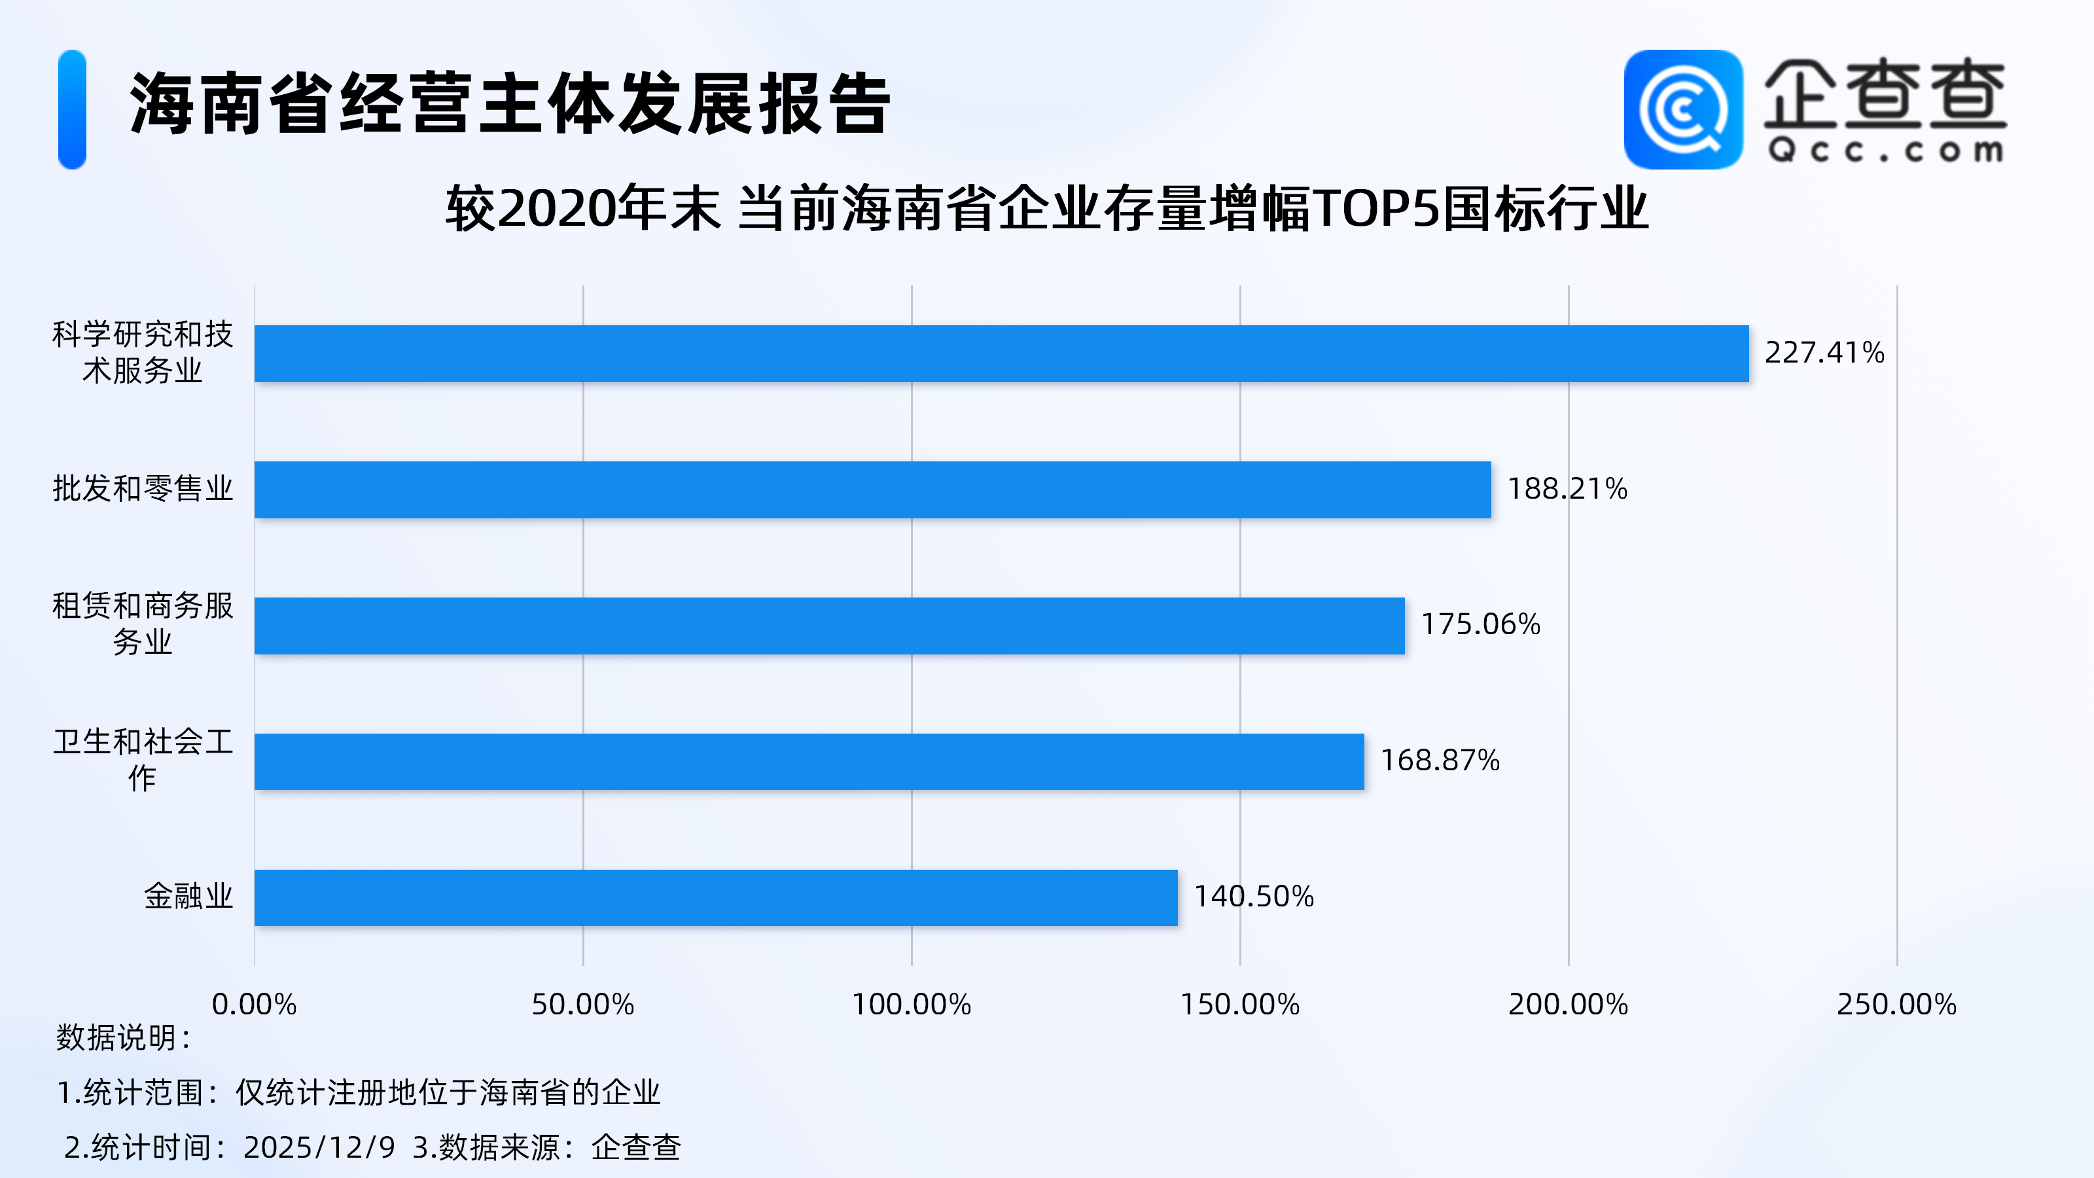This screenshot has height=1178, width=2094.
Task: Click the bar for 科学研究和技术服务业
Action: coord(1001,353)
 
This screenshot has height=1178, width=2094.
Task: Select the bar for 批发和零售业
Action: coord(872,490)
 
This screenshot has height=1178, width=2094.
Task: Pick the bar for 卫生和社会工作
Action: coord(809,761)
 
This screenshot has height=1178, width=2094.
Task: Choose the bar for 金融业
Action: coord(715,897)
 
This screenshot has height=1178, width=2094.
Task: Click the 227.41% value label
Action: coord(1824,353)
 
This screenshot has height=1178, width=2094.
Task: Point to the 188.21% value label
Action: coord(1567,489)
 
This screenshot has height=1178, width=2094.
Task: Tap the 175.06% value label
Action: coord(1480,624)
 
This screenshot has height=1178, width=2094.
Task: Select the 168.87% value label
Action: coord(1440,760)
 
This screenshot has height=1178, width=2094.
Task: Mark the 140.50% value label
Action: coord(1254,897)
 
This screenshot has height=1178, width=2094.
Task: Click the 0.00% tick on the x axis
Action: coord(255,1005)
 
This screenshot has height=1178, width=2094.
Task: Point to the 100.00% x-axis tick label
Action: coord(912,1005)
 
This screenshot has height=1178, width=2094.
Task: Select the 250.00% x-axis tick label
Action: coord(1896,1005)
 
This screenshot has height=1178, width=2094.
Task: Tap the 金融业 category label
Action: coord(188,897)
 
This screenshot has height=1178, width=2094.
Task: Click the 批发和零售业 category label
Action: coord(143,489)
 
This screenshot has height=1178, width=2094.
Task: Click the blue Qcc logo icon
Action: coord(1682,110)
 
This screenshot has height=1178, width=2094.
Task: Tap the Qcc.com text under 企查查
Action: coord(1885,151)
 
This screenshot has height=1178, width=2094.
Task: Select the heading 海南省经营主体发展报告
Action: coord(510,104)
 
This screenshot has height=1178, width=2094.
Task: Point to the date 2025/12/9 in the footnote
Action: coord(319,1148)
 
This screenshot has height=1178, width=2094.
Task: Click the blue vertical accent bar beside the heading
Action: coord(73,110)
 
